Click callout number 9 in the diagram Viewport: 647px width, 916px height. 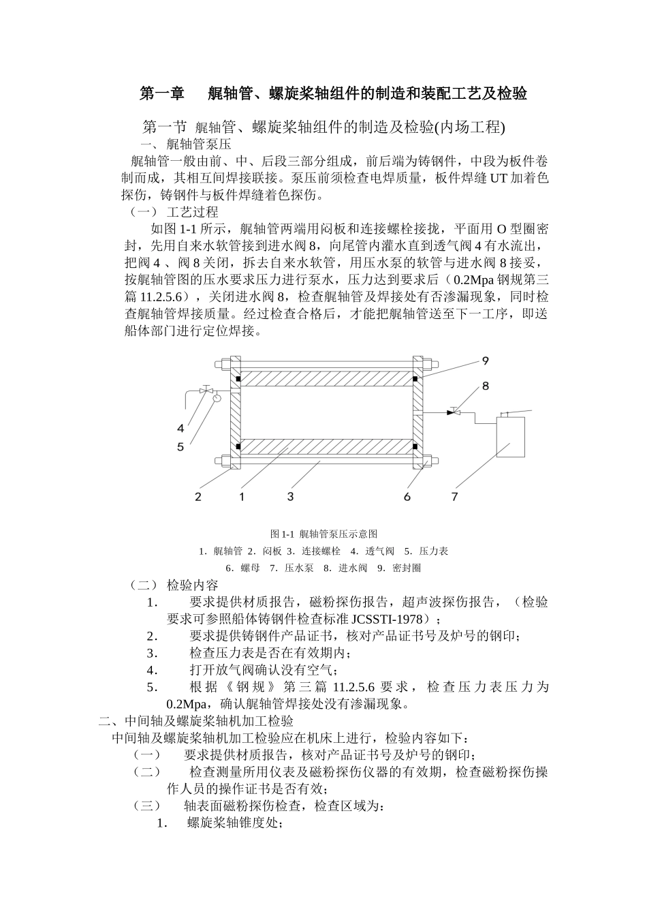pyautogui.click(x=485, y=361)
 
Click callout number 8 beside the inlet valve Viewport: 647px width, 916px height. pyautogui.click(x=485, y=386)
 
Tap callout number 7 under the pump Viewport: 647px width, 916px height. pyautogui.click(x=455, y=497)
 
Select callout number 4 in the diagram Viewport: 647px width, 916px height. pyautogui.click(x=180, y=429)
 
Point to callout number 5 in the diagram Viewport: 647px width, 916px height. pyautogui.click(x=180, y=447)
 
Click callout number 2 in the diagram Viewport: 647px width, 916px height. pyautogui.click(x=198, y=497)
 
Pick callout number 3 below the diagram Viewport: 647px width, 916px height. pyautogui.click(x=290, y=497)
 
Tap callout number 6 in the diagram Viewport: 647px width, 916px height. pyautogui.click(x=407, y=497)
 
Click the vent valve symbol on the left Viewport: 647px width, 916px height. pyautogui.click(x=204, y=391)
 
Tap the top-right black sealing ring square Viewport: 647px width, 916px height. pyautogui.click(x=415, y=378)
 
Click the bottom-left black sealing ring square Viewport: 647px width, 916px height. pyautogui.click(x=238, y=447)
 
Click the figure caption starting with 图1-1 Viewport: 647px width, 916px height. pyautogui.click(x=323, y=534)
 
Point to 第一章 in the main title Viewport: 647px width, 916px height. pyautogui.click(x=161, y=94)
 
